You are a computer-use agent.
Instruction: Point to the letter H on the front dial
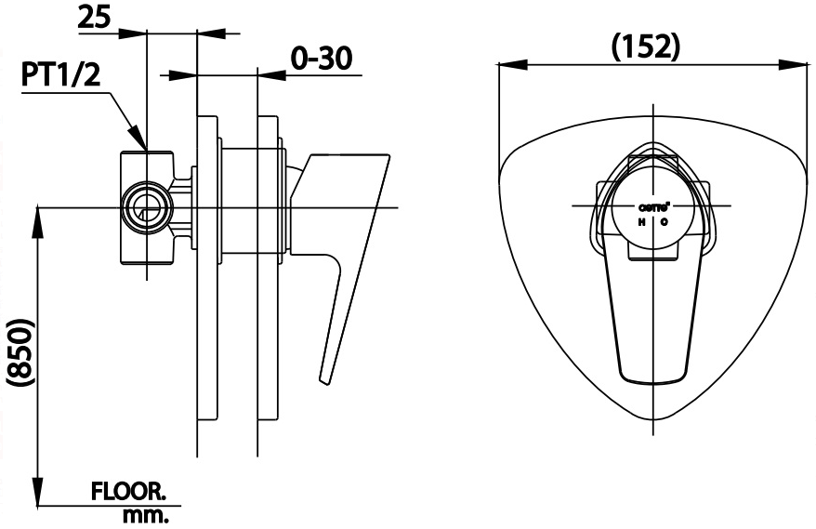tap(640, 223)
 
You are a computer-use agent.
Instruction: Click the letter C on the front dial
tap(664, 223)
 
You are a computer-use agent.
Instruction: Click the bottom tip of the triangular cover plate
tap(658, 420)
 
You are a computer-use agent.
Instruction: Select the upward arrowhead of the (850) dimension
tap(39, 217)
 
